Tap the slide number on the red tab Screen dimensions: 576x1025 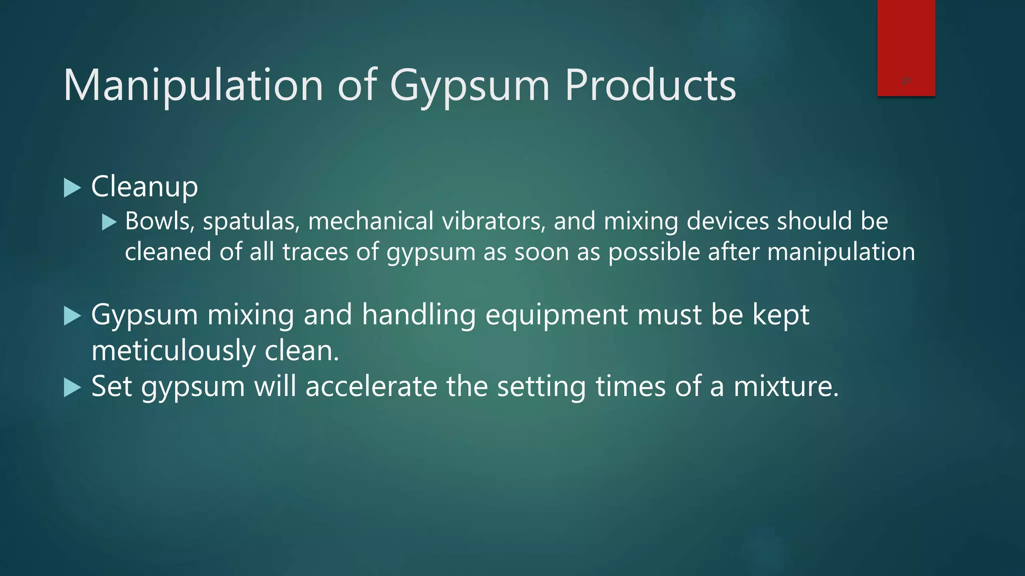click(906, 81)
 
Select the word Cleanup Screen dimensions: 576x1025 click(145, 187)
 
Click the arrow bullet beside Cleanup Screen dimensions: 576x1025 click(73, 188)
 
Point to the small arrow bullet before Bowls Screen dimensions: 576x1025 click(109, 222)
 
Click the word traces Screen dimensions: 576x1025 click(315, 251)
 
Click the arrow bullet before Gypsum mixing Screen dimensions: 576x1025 click(73, 316)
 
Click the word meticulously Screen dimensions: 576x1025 click(173, 350)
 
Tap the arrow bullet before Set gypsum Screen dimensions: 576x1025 click(73, 387)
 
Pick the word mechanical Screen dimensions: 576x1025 click(371, 221)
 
